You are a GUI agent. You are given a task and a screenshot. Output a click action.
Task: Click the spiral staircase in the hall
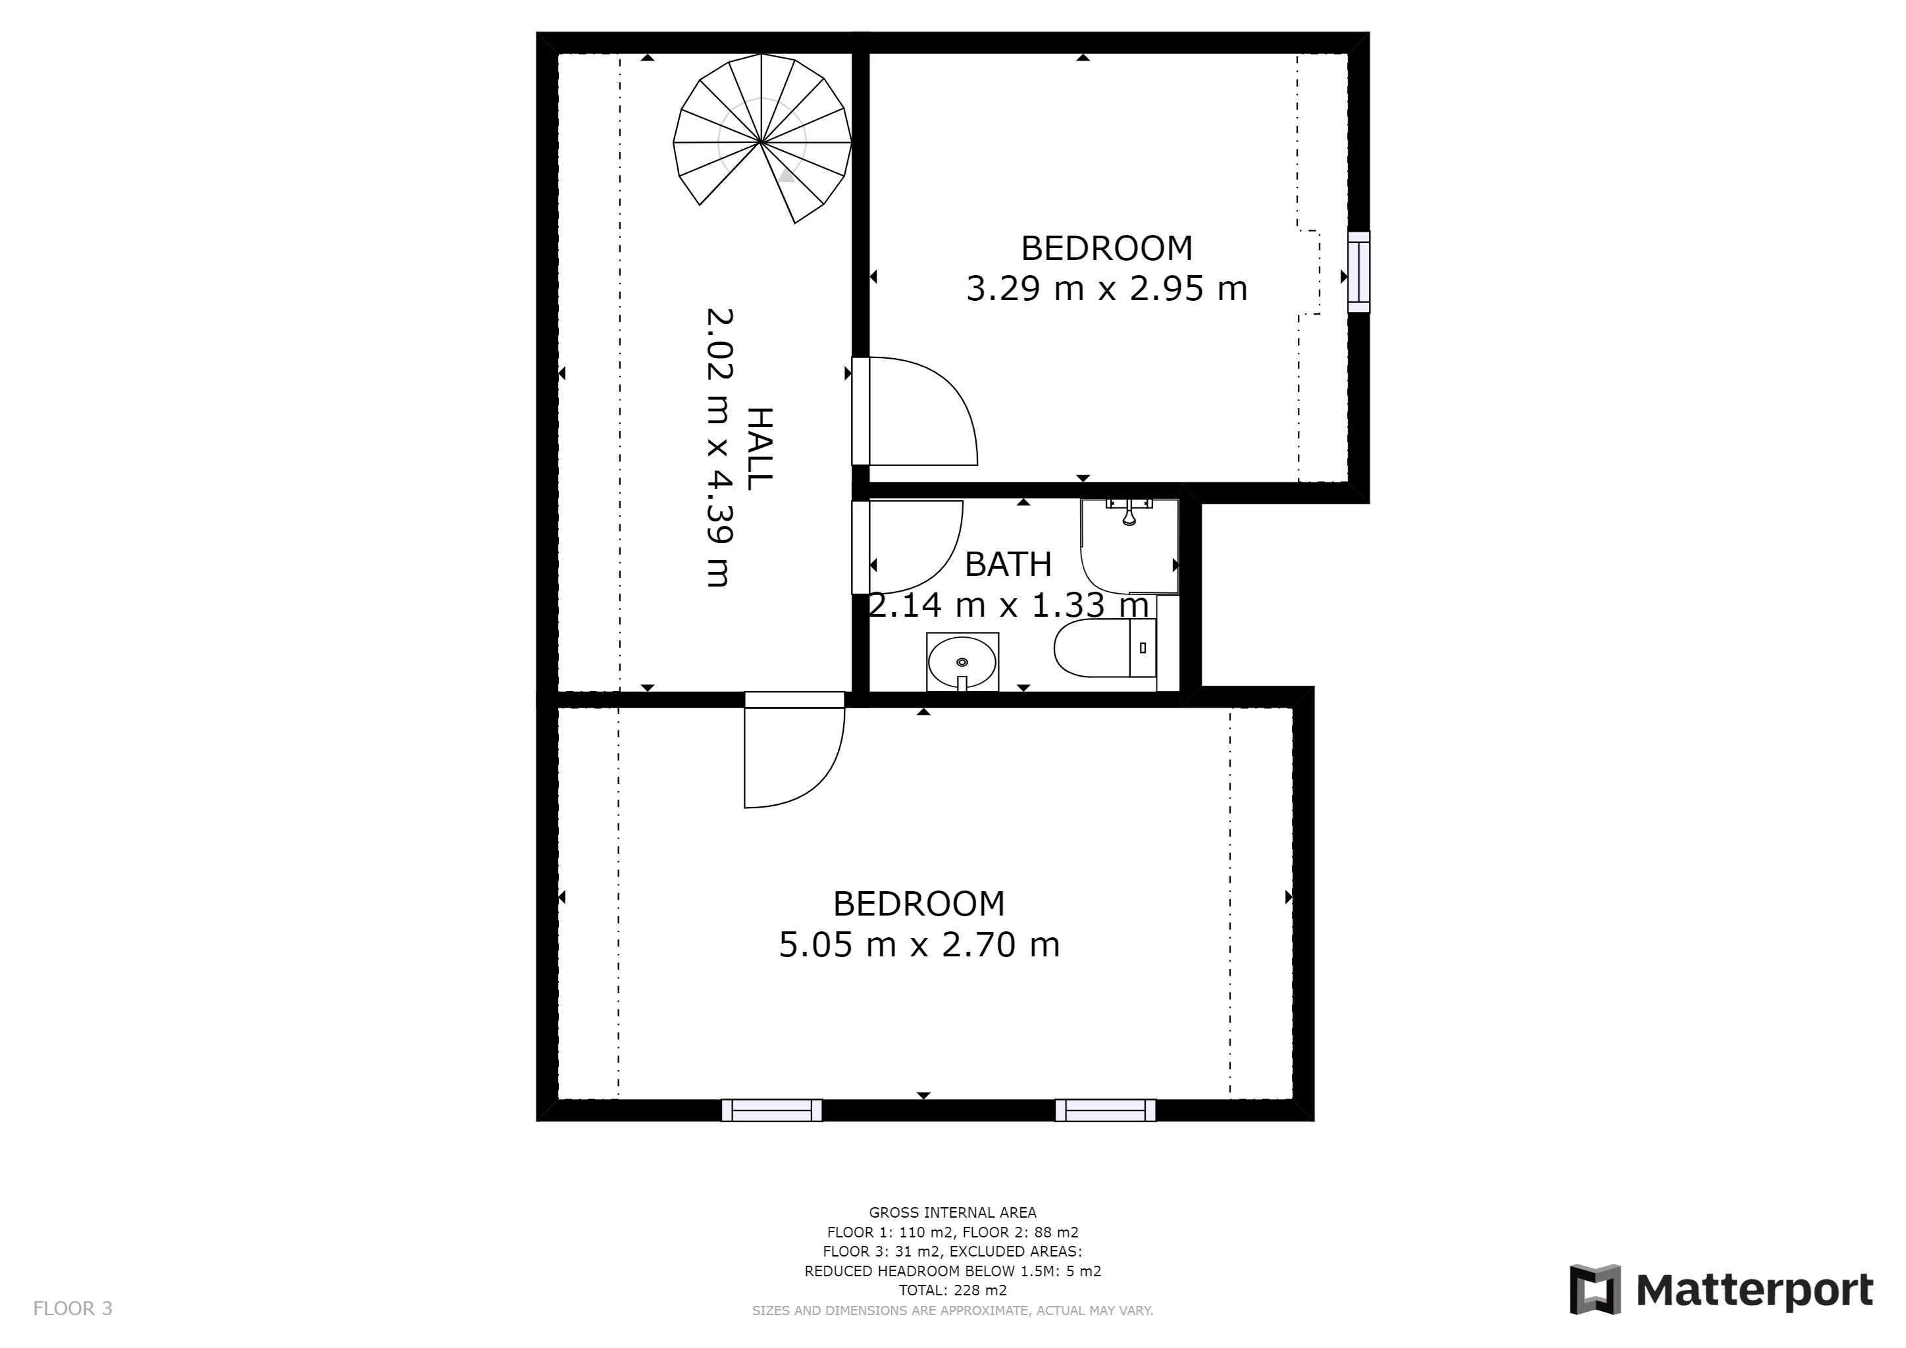762,140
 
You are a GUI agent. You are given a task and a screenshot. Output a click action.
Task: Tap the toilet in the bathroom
1105,648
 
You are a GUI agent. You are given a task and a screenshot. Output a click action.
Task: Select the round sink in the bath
962,661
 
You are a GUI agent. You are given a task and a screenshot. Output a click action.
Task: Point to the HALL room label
760,449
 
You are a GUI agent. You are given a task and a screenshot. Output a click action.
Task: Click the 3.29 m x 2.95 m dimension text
1106,289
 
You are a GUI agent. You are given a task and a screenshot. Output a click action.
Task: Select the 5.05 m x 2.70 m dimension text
919,945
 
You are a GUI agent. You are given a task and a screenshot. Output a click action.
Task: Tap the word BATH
1008,565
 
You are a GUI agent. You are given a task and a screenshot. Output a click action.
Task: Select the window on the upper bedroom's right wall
1358,272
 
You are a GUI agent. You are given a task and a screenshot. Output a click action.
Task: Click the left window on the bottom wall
772,1110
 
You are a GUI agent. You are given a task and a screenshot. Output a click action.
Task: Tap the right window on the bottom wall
1106,1110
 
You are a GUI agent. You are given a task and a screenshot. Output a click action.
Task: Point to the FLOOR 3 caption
72,1309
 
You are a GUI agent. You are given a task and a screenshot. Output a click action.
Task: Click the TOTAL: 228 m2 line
952,1291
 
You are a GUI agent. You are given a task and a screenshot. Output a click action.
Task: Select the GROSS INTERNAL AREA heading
952,1212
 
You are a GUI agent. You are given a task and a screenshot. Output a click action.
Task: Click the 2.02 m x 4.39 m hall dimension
719,448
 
